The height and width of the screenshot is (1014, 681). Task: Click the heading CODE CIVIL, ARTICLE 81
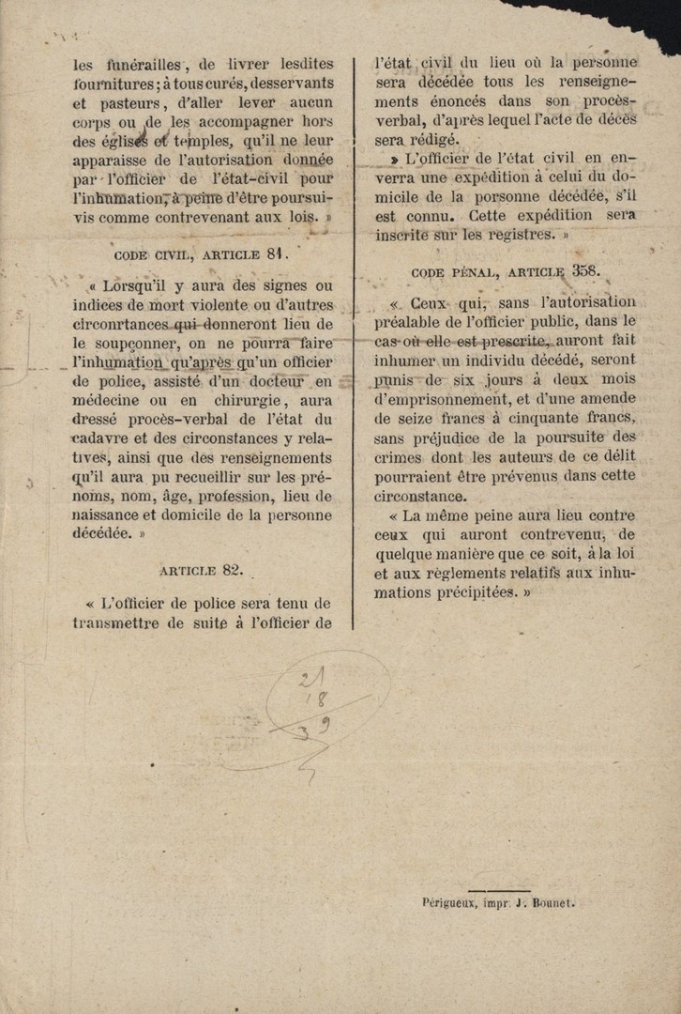[202, 253]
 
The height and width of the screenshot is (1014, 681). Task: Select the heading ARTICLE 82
[202, 569]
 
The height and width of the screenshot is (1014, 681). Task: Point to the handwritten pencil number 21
[306, 679]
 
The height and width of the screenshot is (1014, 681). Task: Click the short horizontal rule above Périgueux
[499, 888]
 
